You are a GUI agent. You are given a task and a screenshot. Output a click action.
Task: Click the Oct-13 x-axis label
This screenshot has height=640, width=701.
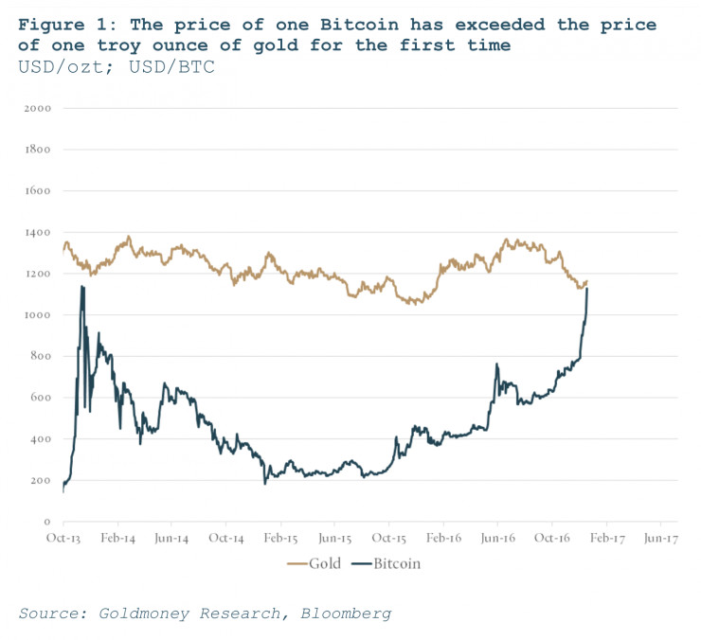click(63, 538)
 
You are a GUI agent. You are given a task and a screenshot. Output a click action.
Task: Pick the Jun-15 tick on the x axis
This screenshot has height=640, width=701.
click(334, 538)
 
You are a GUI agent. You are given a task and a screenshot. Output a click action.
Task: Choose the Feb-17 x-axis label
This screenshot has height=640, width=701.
click(605, 538)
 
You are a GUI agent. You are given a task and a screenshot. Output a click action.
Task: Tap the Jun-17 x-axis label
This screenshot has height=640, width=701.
click(659, 538)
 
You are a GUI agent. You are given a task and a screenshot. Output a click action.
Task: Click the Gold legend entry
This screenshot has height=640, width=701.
click(315, 563)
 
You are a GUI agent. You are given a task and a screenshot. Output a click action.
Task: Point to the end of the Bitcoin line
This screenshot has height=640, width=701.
click(587, 289)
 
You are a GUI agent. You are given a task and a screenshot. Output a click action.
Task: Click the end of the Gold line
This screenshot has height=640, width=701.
click(587, 281)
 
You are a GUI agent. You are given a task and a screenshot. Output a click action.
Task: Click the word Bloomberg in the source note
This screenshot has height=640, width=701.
click(345, 613)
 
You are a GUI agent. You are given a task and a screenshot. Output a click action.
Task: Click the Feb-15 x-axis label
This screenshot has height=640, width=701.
click(280, 538)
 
